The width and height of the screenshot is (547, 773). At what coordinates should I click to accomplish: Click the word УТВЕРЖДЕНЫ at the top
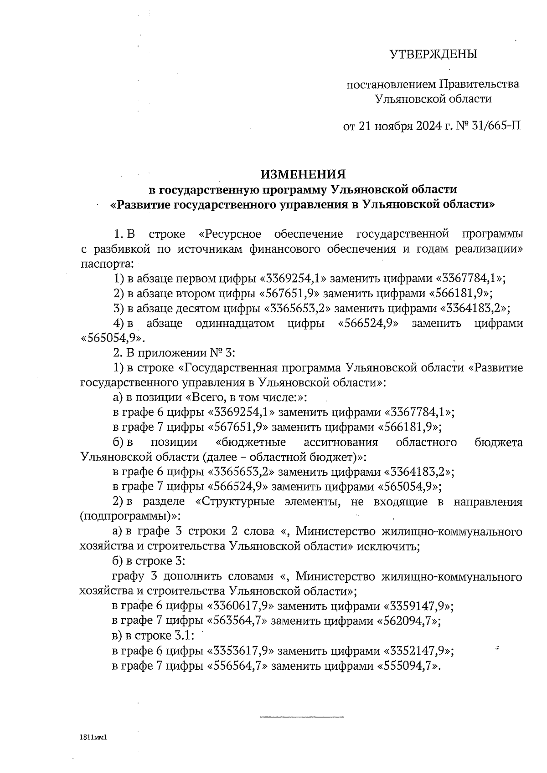[x=433, y=55]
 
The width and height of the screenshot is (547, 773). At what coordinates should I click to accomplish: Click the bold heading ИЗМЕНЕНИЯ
[x=303, y=174]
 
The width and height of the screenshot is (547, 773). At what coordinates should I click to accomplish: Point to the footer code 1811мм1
[x=93, y=737]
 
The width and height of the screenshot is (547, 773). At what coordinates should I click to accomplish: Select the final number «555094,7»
[x=407, y=666]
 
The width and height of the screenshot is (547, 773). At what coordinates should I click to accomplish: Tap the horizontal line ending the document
[x=302, y=717]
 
